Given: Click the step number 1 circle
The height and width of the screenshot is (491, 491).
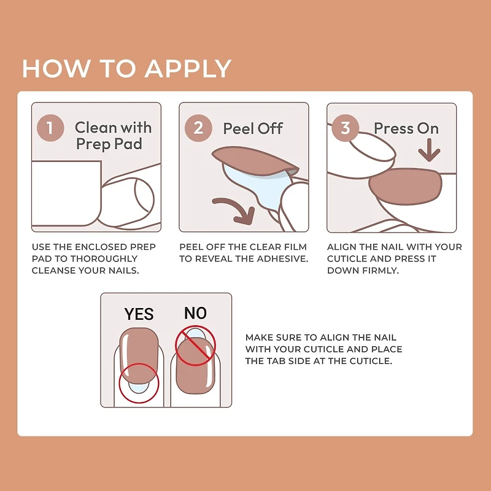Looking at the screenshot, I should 50,128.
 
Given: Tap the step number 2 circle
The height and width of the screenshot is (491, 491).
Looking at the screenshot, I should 198,128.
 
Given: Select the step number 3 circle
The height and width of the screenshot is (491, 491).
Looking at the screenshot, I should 346,128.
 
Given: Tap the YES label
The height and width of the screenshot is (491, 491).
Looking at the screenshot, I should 139,314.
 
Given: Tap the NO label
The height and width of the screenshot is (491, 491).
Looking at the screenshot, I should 195,313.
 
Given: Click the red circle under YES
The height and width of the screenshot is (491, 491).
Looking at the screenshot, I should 139,384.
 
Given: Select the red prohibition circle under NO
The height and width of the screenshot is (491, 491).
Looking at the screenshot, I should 195,347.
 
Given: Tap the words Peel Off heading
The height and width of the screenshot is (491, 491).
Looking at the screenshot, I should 253,128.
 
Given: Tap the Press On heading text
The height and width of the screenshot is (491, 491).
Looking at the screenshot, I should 406,128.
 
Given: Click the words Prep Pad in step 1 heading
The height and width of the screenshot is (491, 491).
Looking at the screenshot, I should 109,144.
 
